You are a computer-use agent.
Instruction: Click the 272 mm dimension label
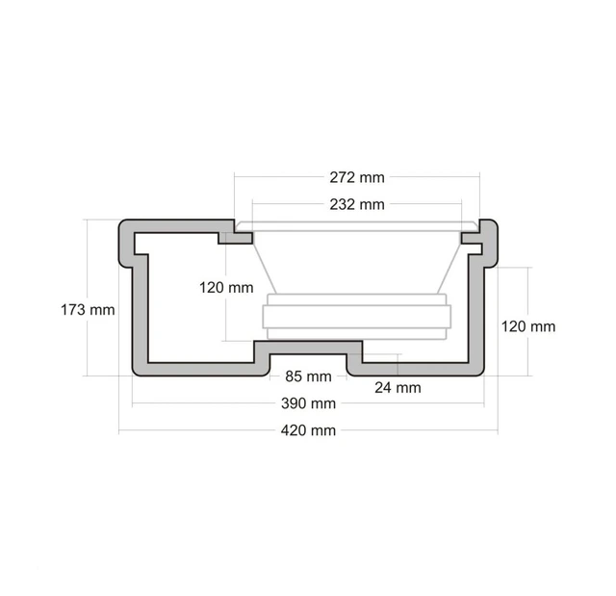point(356,177)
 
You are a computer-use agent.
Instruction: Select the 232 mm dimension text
point(356,204)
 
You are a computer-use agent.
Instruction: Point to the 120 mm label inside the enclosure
point(226,287)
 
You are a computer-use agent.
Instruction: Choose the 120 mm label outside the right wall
point(528,326)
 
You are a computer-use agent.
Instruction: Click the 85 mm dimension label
point(308,376)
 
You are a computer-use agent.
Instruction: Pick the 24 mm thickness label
point(398,388)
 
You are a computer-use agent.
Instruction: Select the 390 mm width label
point(308,402)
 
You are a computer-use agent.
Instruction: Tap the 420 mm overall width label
point(308,430)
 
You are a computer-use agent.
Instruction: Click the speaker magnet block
point(356,317)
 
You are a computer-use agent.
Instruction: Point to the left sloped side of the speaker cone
point(265,267)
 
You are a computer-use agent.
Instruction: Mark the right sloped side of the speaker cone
point(448,267)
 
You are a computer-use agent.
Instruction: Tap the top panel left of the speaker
point(178,226)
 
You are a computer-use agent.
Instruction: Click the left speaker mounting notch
point(232,235)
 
